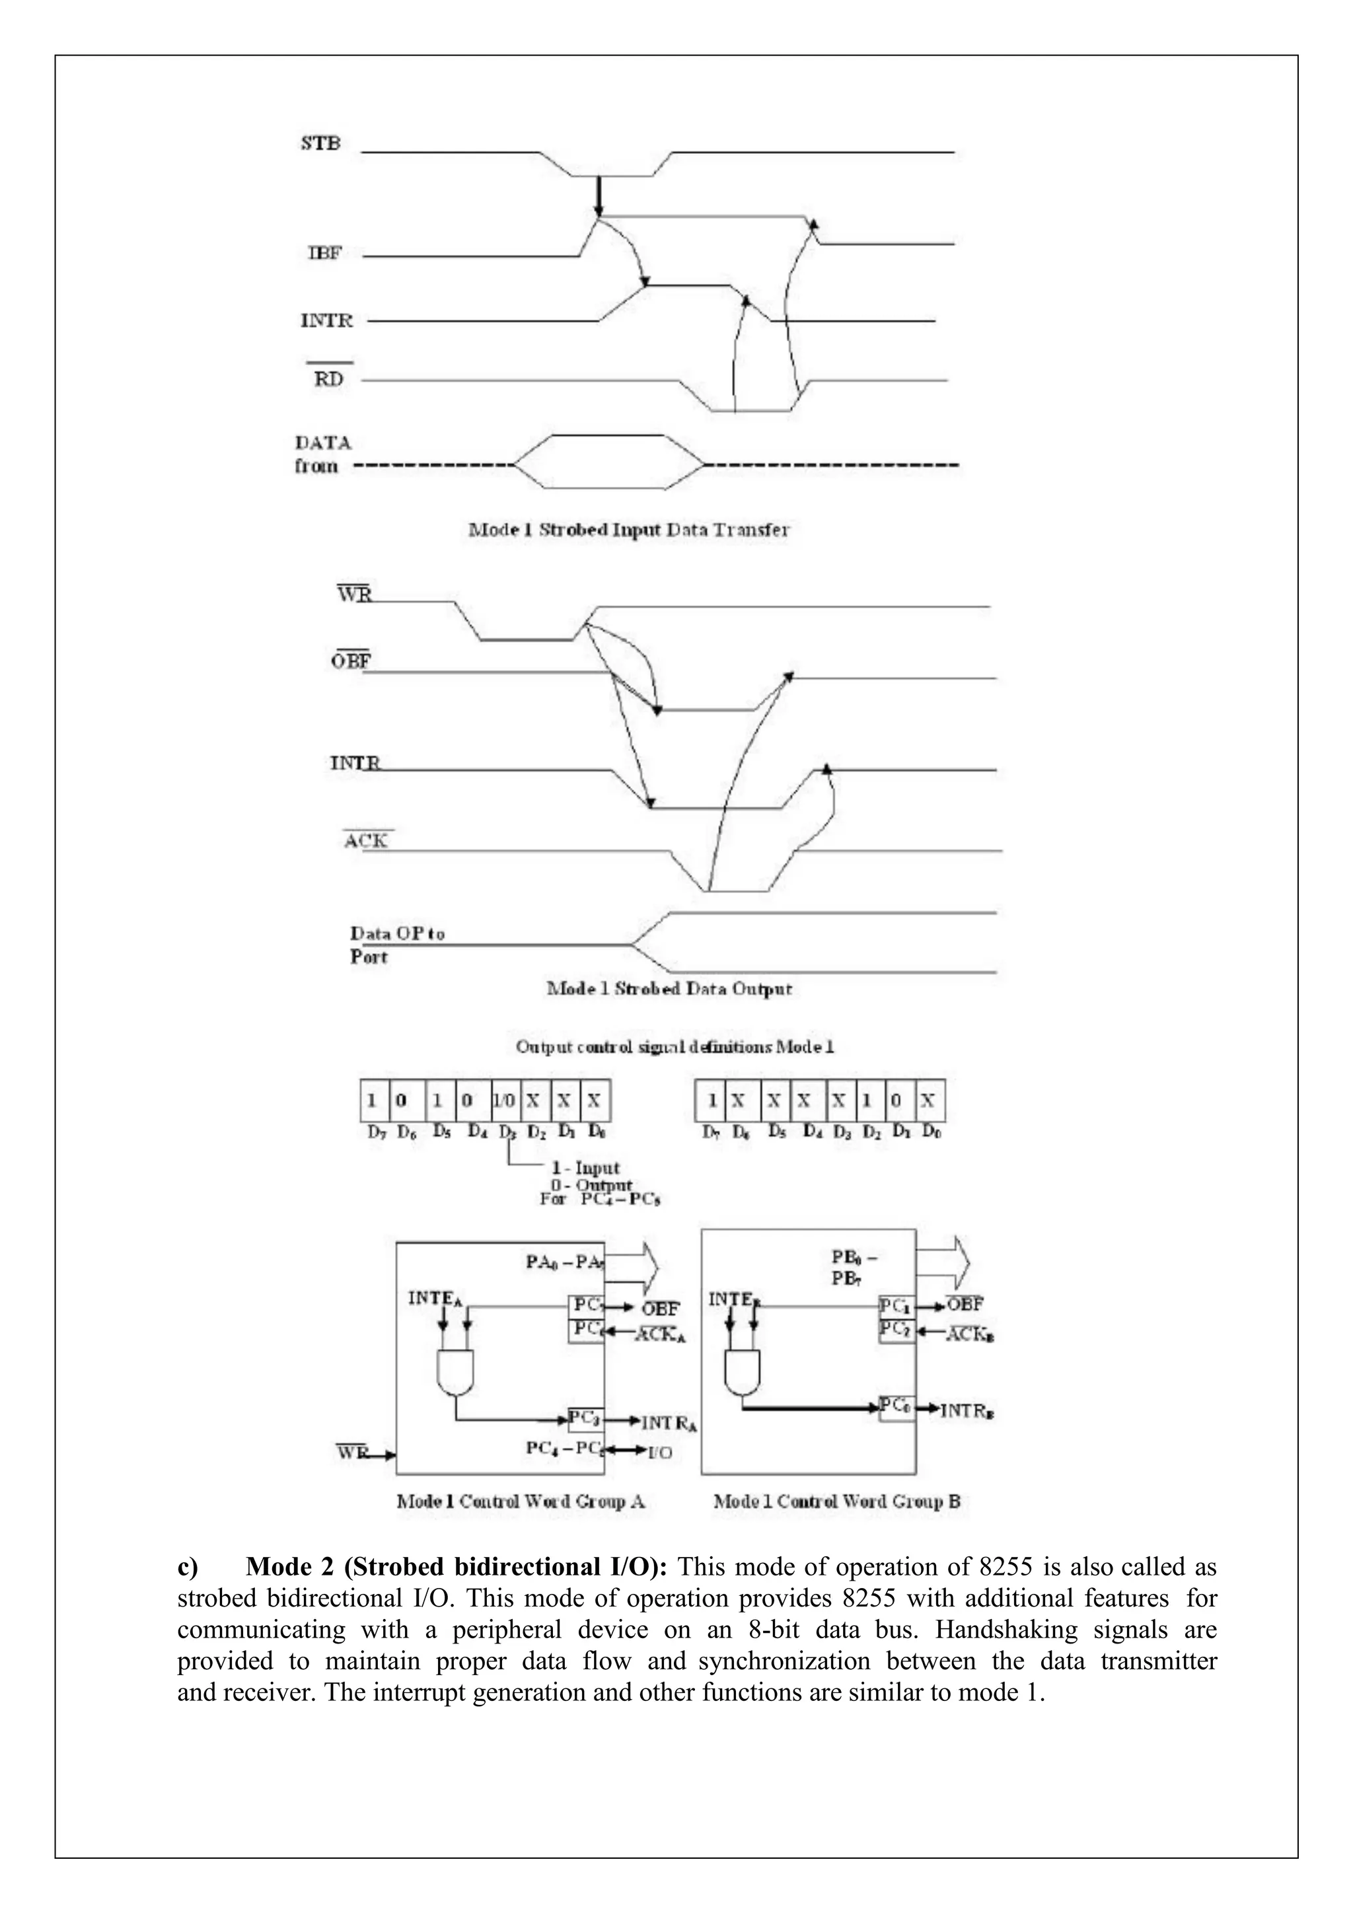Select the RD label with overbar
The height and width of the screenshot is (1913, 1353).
pyautogui.click(x=328, y=379)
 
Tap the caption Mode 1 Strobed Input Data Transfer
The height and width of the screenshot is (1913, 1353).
pyautogui.click(x=629, y=530)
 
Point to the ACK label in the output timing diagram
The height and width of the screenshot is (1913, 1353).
pyautogui.click(x=366, y=841)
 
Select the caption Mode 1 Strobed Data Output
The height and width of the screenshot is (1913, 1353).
pyautogui.click(x=669, y=989)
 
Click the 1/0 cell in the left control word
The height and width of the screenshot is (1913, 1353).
pyautogui.click(x=505, y=1101)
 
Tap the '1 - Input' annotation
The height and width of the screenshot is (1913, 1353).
pyautogui.click(x=586, y=1167)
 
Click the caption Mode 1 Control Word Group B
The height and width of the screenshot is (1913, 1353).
pyautogui.click(x=836, y=1501)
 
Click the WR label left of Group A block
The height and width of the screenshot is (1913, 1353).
pyautogui.click(x=351, y=1451)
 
